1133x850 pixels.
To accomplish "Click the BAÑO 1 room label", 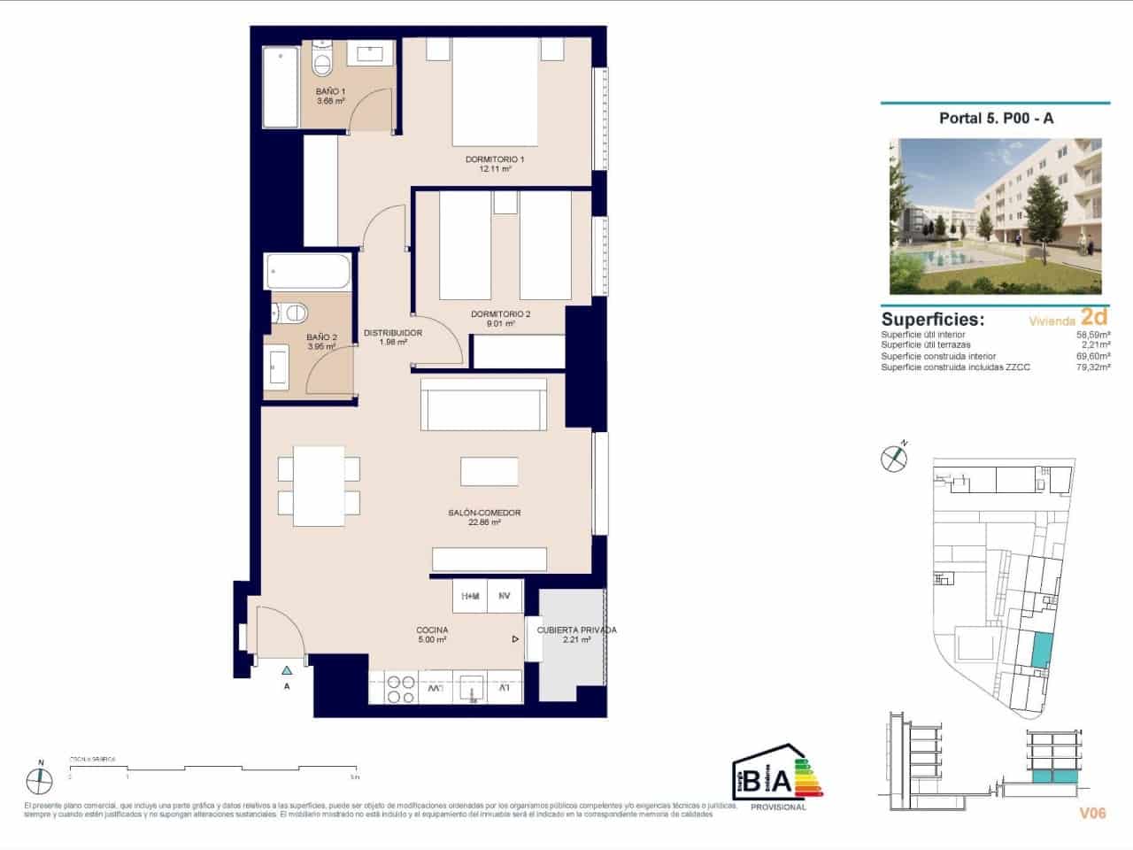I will [x=330, y=91].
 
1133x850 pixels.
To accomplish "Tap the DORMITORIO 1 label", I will [x=495, y=159].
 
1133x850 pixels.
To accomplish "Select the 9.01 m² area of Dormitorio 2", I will [x=500, y=324].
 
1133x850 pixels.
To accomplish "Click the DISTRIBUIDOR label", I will [x=392, y=333].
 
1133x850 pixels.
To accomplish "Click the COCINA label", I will [x=432, y=630].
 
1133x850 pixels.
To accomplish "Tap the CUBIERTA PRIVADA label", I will [x=576, y=630].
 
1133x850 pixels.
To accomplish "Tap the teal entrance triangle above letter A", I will [x=286, y=670].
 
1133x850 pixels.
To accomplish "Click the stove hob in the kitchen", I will [x=398, y=687].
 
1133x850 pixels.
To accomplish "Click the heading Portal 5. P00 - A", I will [x=996, y=119].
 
